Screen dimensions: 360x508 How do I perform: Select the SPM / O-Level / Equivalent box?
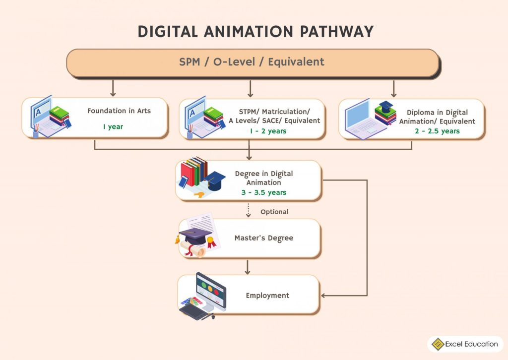click(x=252, y=62)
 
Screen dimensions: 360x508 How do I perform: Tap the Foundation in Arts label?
click(x=119, y=111)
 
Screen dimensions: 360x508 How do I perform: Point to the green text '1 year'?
click(x=113, y=127)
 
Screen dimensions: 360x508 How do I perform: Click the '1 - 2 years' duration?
click(x=268, y=131)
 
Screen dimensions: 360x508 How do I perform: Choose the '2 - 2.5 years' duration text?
click(x=437, y=131)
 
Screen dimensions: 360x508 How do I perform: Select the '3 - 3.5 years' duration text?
click(x=263, y=192)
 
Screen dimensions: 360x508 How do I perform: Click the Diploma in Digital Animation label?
click(x=437, y=117)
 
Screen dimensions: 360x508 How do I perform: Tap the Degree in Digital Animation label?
click(x=263, y=178)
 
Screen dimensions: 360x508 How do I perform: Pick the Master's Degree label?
click(x=263, y=238)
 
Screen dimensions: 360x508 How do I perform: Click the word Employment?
click(x=267, y=296)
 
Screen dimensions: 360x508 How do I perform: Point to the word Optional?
click(x=274, y=212)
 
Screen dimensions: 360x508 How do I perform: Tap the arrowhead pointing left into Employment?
click(x=324, y=296)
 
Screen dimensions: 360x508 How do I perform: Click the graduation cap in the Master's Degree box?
click(x=195, y=234)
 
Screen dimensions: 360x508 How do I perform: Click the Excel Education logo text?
click(x=471, y=344)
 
